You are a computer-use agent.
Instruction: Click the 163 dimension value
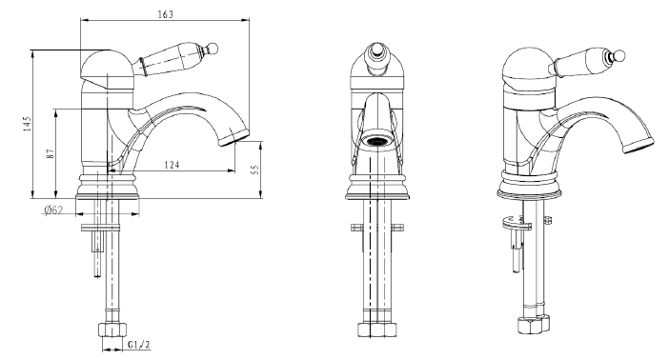tap(166, 14)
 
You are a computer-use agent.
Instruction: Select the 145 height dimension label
tap(28, 124)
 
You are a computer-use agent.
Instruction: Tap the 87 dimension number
tap(51, 153)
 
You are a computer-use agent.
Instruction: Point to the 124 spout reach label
tap(172, 164)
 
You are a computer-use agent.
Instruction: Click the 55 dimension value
tap(255, 170)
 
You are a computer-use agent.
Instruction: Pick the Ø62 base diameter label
tap(53, 210)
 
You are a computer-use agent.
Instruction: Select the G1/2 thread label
tap(139, 345)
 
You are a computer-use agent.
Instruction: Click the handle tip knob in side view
tap(213, 47)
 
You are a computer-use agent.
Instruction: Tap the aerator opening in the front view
tap(375, 141)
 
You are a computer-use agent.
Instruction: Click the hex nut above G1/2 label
tap(113, 330)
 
